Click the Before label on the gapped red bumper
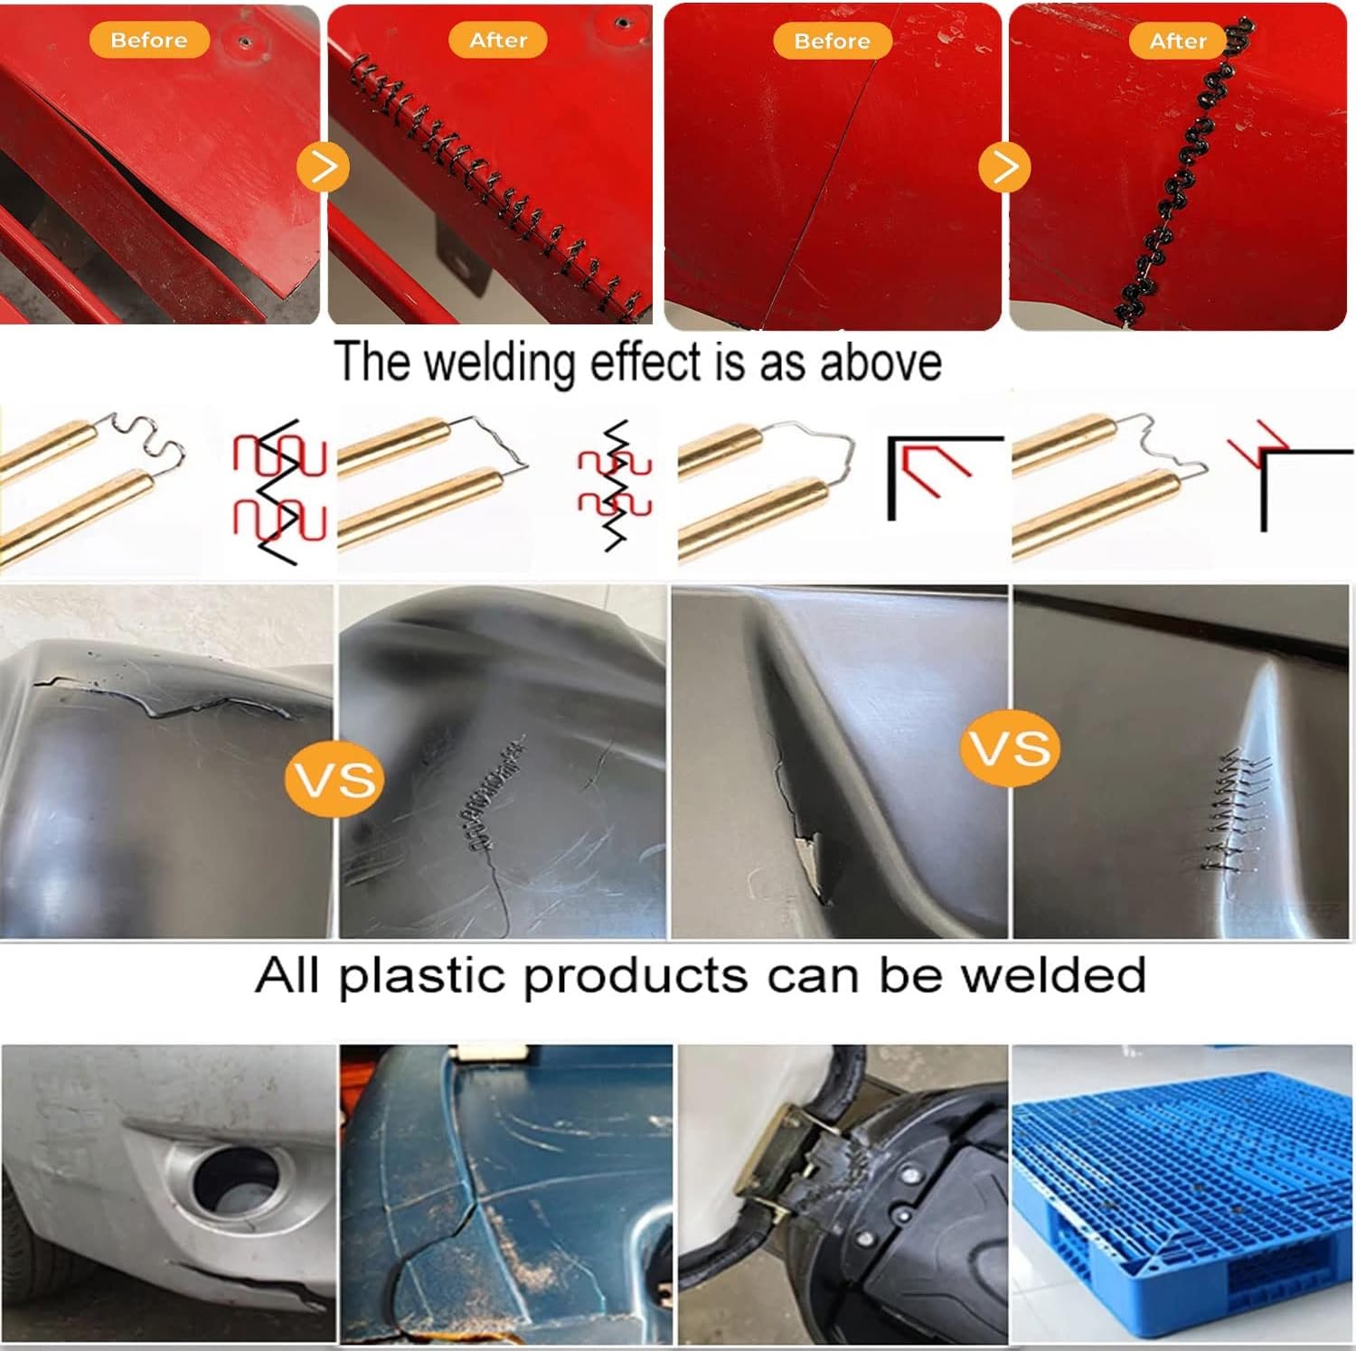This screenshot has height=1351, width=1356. click(x=149, y=40)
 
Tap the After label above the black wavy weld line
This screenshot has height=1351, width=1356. click(x=1178, y=41)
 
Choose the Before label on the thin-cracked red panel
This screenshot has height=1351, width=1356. click(x=833, y=41)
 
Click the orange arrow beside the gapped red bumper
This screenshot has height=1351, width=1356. click(x=323, y=167)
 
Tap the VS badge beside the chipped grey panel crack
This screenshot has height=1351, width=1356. click(x=1011, y=748)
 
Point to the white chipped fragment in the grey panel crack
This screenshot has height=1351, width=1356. click(x=808, y=858)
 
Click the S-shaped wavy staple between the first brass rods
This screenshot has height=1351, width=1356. click(x=140, y=443)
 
